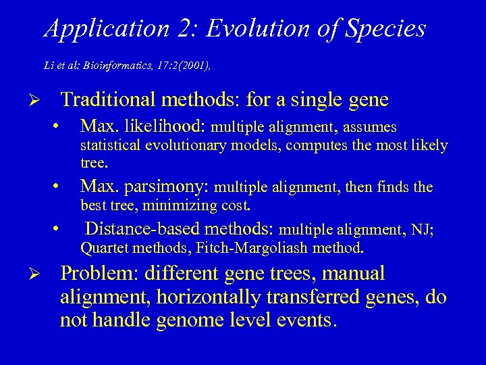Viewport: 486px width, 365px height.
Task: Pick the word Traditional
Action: [108, 101]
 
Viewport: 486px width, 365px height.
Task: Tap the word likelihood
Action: [169, 126]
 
